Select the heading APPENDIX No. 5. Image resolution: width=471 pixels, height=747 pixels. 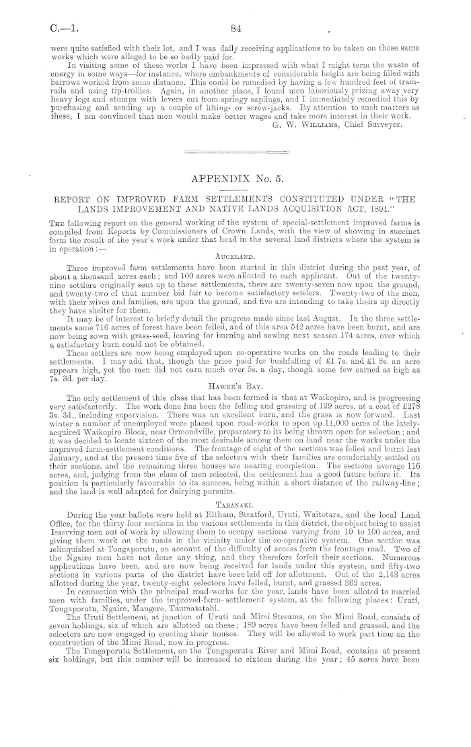click(235, 179)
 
